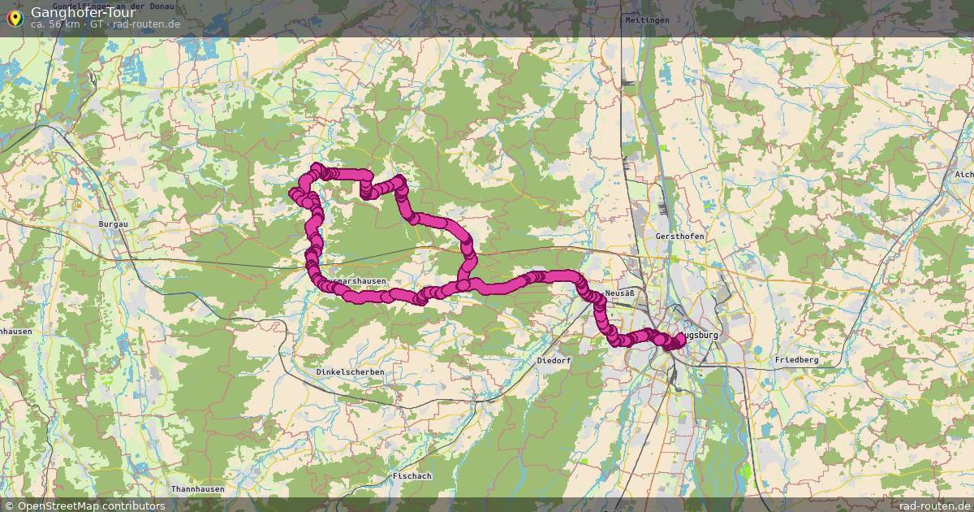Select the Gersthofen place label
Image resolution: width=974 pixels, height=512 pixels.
click(680, 236)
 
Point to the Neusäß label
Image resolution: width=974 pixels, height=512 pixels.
click(618, 293)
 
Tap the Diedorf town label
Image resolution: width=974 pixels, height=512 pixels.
click(554, 360)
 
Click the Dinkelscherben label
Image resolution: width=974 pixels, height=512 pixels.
click(350, 371)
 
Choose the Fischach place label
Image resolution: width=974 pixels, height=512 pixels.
click(411, 475)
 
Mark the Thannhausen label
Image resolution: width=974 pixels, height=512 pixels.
click(196, 488)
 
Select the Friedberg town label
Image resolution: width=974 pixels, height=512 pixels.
click(796, 359)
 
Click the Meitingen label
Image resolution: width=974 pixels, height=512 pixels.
click(647, 20)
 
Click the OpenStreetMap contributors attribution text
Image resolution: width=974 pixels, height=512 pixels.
click(91, 505)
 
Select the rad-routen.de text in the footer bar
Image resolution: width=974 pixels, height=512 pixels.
click(934, 505)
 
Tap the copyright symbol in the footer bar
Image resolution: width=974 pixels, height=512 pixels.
click(9, 505)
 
